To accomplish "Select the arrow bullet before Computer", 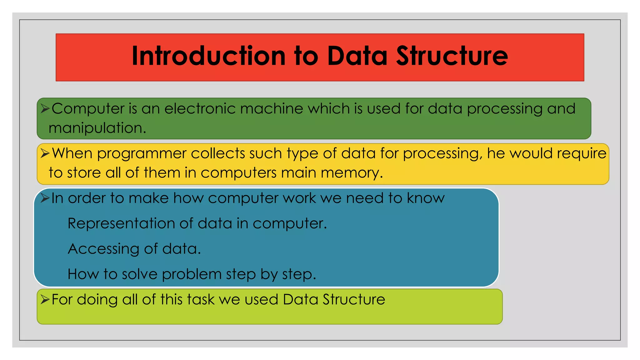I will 45,109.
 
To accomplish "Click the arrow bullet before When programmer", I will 45,153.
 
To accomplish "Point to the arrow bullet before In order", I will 45,198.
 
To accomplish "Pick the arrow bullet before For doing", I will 45,299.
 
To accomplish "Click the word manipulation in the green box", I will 97,128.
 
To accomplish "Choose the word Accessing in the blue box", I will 103,249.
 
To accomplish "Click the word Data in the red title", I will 357,56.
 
